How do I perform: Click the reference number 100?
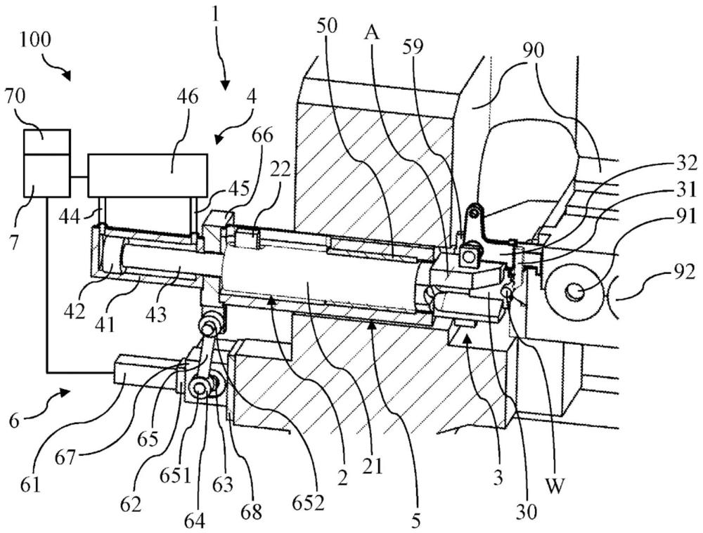click(35, 40)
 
